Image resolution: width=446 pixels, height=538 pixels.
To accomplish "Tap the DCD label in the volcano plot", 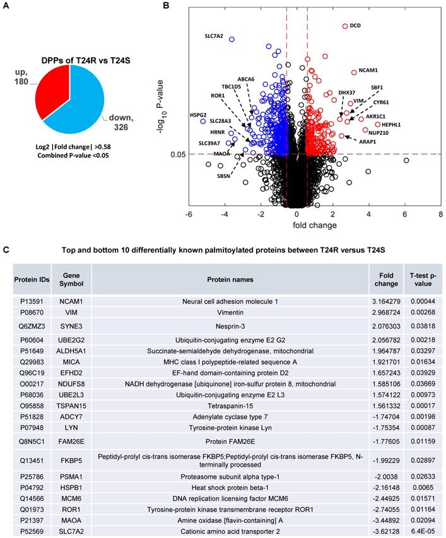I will (x=355, y=26).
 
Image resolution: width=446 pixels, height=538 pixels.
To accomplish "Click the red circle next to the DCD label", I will (x=345, y=26).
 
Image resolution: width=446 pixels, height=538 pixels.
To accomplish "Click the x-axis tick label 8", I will (x=440, y=214).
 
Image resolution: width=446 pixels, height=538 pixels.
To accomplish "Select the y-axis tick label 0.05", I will (x=179, y=154).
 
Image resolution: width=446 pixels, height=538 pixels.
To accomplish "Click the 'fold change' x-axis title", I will (x=314, y=225).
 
